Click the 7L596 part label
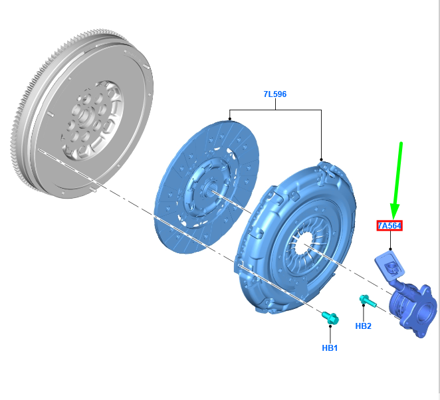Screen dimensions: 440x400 [275, 94]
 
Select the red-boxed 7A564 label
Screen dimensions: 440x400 [389, 225]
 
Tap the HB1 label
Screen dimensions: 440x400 [330, 348]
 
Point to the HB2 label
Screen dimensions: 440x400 [363, 326]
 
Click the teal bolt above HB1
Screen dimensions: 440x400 [330, 318]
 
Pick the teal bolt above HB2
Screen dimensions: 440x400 [368, 301]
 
